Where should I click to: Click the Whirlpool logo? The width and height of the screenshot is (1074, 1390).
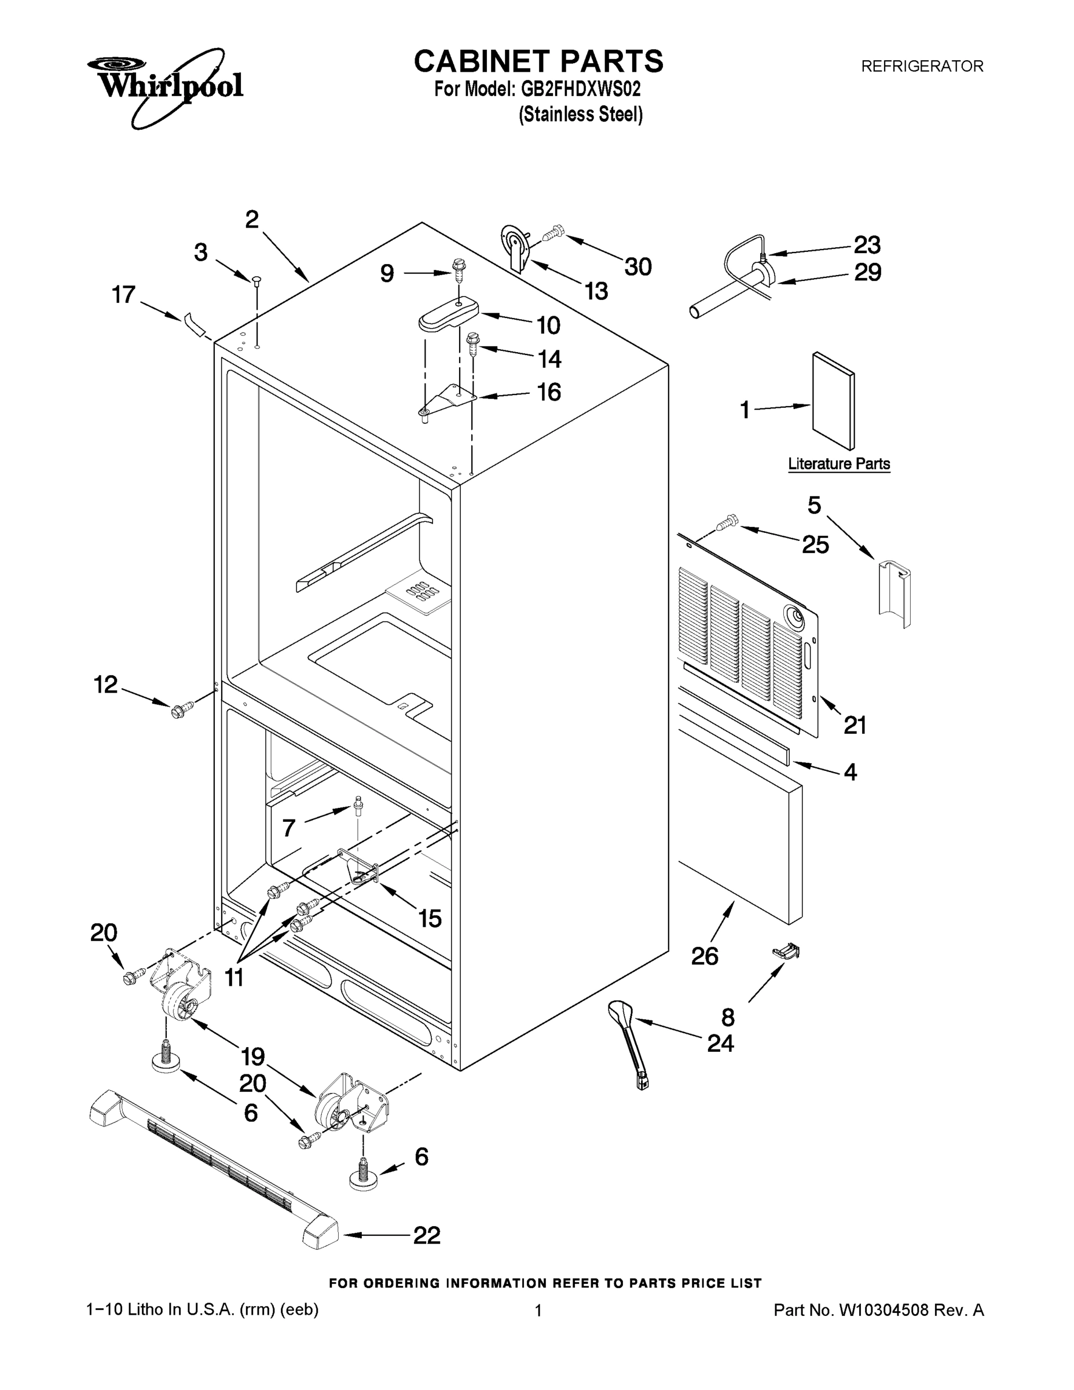coord(166,86)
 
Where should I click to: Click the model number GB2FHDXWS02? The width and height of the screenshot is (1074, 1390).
coord(580,89)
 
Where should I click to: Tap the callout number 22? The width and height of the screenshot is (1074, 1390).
coord(427,1235)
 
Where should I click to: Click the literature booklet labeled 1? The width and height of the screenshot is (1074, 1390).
coord(834,401)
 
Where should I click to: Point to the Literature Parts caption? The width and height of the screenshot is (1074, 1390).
coord(838,464)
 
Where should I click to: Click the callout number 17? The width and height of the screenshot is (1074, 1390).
coord(123,295)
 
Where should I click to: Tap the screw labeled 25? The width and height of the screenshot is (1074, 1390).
coord(727,523)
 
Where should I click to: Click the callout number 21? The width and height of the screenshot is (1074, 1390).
coord(855,725)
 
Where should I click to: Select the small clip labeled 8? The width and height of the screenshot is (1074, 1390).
coord(786,952)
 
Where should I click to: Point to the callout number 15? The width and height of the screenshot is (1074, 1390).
coord(430,919)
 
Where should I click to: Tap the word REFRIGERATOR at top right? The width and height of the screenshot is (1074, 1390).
coord(922,66)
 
